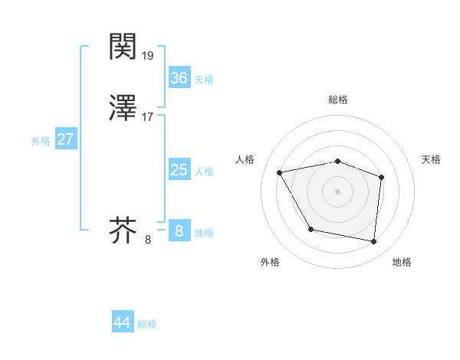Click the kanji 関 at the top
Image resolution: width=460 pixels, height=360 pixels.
[x=123, y=47]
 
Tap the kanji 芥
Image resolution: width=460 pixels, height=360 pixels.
[x=123, y=231]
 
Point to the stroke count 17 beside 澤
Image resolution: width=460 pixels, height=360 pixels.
[x=148, y=117]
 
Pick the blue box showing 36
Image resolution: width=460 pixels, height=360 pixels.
[x=179, y=78]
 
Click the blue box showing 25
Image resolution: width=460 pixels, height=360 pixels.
[x=179, y=170]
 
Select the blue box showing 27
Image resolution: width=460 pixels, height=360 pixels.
[x=66, y=140]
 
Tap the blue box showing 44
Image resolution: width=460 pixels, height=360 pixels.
[x=123, y=322]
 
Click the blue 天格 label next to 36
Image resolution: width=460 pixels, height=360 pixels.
[x=204, y=80]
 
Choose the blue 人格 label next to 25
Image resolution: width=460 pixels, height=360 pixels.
[x=204, y=172]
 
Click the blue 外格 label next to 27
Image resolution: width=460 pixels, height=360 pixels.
[x=41, y=141]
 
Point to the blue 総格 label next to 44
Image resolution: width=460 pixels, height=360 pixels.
[x=147, y=324]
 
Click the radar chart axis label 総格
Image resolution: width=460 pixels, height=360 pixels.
[x=338, y=100]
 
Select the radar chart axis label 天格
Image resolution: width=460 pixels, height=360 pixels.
[x=431, y=159]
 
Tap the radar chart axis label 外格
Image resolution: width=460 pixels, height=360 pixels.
[x=270, y=262]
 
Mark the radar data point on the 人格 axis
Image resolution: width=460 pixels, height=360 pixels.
[x=280, y=172]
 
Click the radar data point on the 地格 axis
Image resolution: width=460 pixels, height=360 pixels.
[x=374, y=242]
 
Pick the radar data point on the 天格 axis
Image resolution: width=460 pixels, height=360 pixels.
[x=382, y=177]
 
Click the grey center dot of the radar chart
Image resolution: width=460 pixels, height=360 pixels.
[x=338, y=191]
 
